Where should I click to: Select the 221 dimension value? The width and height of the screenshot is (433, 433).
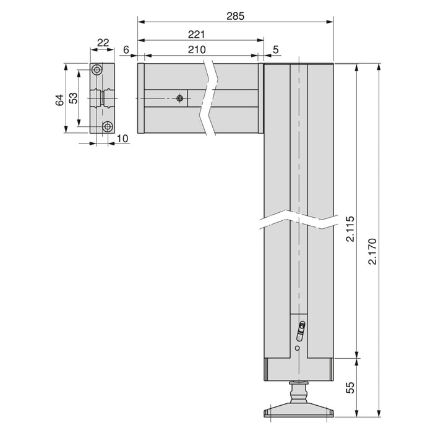pyautogui.click(x=199, y=35)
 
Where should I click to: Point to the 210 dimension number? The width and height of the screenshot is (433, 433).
pyautogui.click(x=199, y=50)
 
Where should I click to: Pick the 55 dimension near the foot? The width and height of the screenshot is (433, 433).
pyautogui.click(x=351, y=387)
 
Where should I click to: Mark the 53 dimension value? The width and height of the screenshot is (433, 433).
pyautogui.click(x=73, y=98)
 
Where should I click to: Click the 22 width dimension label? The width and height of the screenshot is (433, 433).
pyautogui.click(x=103, y=43)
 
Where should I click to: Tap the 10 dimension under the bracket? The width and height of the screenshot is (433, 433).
pyautogui.click(x=122, y=138)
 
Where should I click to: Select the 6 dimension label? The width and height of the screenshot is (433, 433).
pyautogui.click(x=126, y=50)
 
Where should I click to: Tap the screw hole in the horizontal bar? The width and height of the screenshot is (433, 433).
pyautogui.click(x=179, y=98)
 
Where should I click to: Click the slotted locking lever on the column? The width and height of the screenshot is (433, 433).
pyautogui.click(x=301, y=331)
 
